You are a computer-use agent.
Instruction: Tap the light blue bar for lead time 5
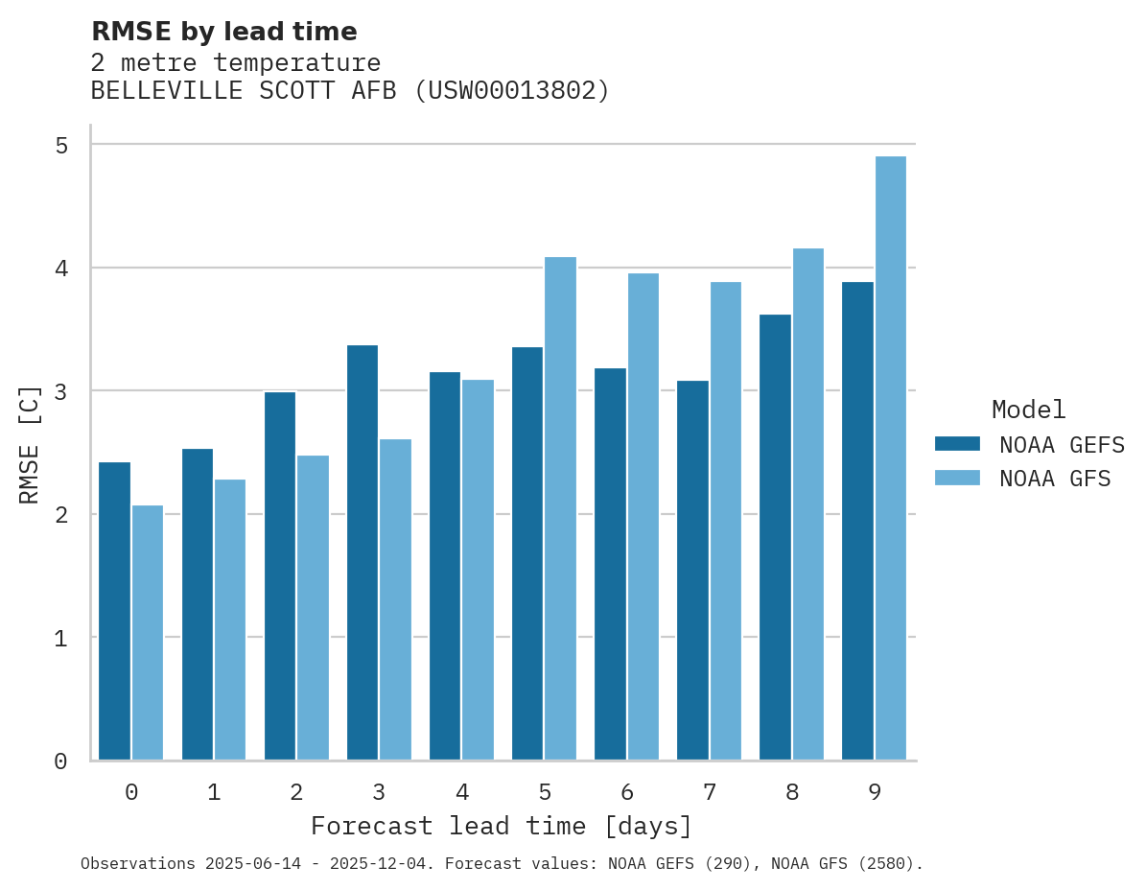(x=561, y=508)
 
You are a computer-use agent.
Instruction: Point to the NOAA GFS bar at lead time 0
(x=148, y=633)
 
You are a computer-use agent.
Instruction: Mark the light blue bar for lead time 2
(x=313, y=608)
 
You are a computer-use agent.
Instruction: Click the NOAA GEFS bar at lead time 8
(x=775, y=537)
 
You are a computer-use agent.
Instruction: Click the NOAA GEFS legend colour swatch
(x=957, y=444)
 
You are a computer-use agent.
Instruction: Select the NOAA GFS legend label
(x=1055, y=479)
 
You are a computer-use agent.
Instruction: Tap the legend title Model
(x=1028, y=410)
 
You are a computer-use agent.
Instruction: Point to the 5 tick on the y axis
(x=60, y=145)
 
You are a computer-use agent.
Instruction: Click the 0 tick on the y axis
(x=60, y=761)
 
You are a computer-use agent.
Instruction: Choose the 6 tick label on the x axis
(x=627, y=792)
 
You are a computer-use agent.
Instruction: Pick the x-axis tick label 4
(x=462, y=792)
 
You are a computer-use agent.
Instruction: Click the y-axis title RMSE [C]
(x=30, y=444)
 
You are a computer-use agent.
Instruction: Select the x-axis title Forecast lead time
(x=501, y=826)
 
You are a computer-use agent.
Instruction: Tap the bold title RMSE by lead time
(x=223, y=32)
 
